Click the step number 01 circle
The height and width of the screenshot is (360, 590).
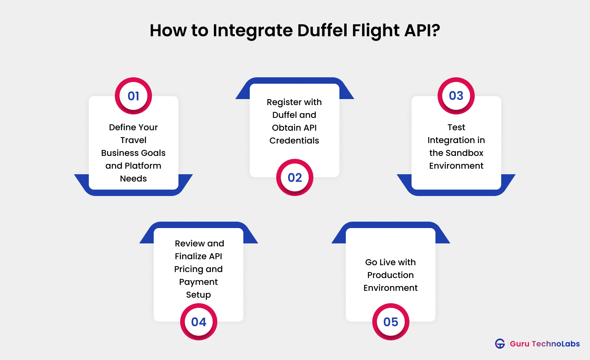click(133, 96)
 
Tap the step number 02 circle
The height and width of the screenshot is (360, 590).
click(295, 177)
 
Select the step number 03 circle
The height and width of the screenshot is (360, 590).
click(456, 96)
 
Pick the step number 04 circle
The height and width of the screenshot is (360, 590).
click(199, 322)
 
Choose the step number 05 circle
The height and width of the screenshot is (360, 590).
click(391, 322)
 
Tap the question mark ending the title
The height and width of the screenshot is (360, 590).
click(435, 31)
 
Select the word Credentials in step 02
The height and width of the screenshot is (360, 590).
click(294, 140)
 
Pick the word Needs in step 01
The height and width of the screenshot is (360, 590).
click(133, 179)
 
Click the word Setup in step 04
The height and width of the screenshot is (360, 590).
click(199, 295)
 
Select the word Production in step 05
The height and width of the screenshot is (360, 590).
click(391, 275)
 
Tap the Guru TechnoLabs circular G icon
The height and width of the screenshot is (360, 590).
click(500, 343)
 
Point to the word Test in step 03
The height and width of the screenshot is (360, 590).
click(456, 127)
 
